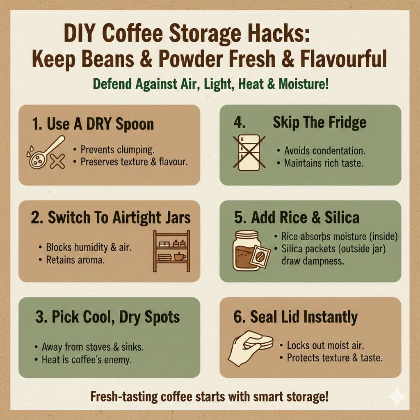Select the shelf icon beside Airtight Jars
pos(171,251)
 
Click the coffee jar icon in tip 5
pos(246,251)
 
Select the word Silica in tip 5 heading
pos(340,217)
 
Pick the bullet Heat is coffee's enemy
pos(87,360)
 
